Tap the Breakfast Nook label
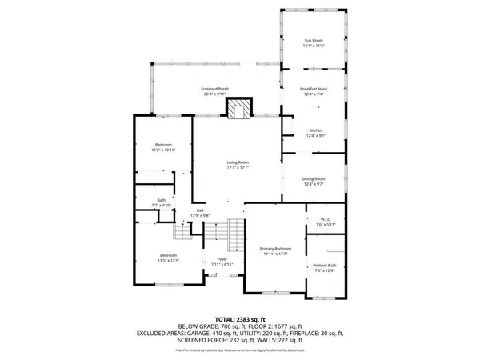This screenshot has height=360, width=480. (314, 91)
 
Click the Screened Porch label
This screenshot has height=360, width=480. (214, 91)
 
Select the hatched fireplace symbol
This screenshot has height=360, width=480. (238, 109)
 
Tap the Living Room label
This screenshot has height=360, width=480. (238, 165)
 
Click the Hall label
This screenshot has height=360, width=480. (199, 213)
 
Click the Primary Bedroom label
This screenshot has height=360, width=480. (277, 251)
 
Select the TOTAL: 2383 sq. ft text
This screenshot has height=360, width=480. (239, 319)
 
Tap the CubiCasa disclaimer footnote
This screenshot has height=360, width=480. (239, 350)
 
